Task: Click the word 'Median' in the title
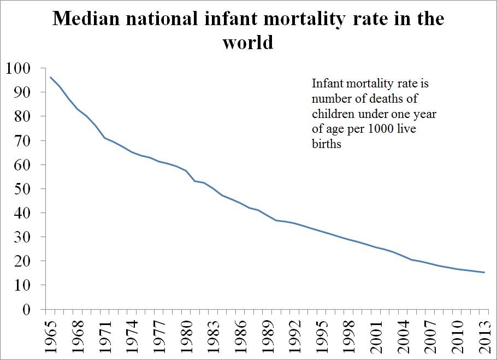pos(90,19)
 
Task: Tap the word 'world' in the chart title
pos(247,42)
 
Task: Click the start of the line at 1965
pos(50,77)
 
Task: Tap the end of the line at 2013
pos(484,272)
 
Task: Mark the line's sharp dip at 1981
pos(195,181)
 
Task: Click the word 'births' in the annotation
pos(327,144)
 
